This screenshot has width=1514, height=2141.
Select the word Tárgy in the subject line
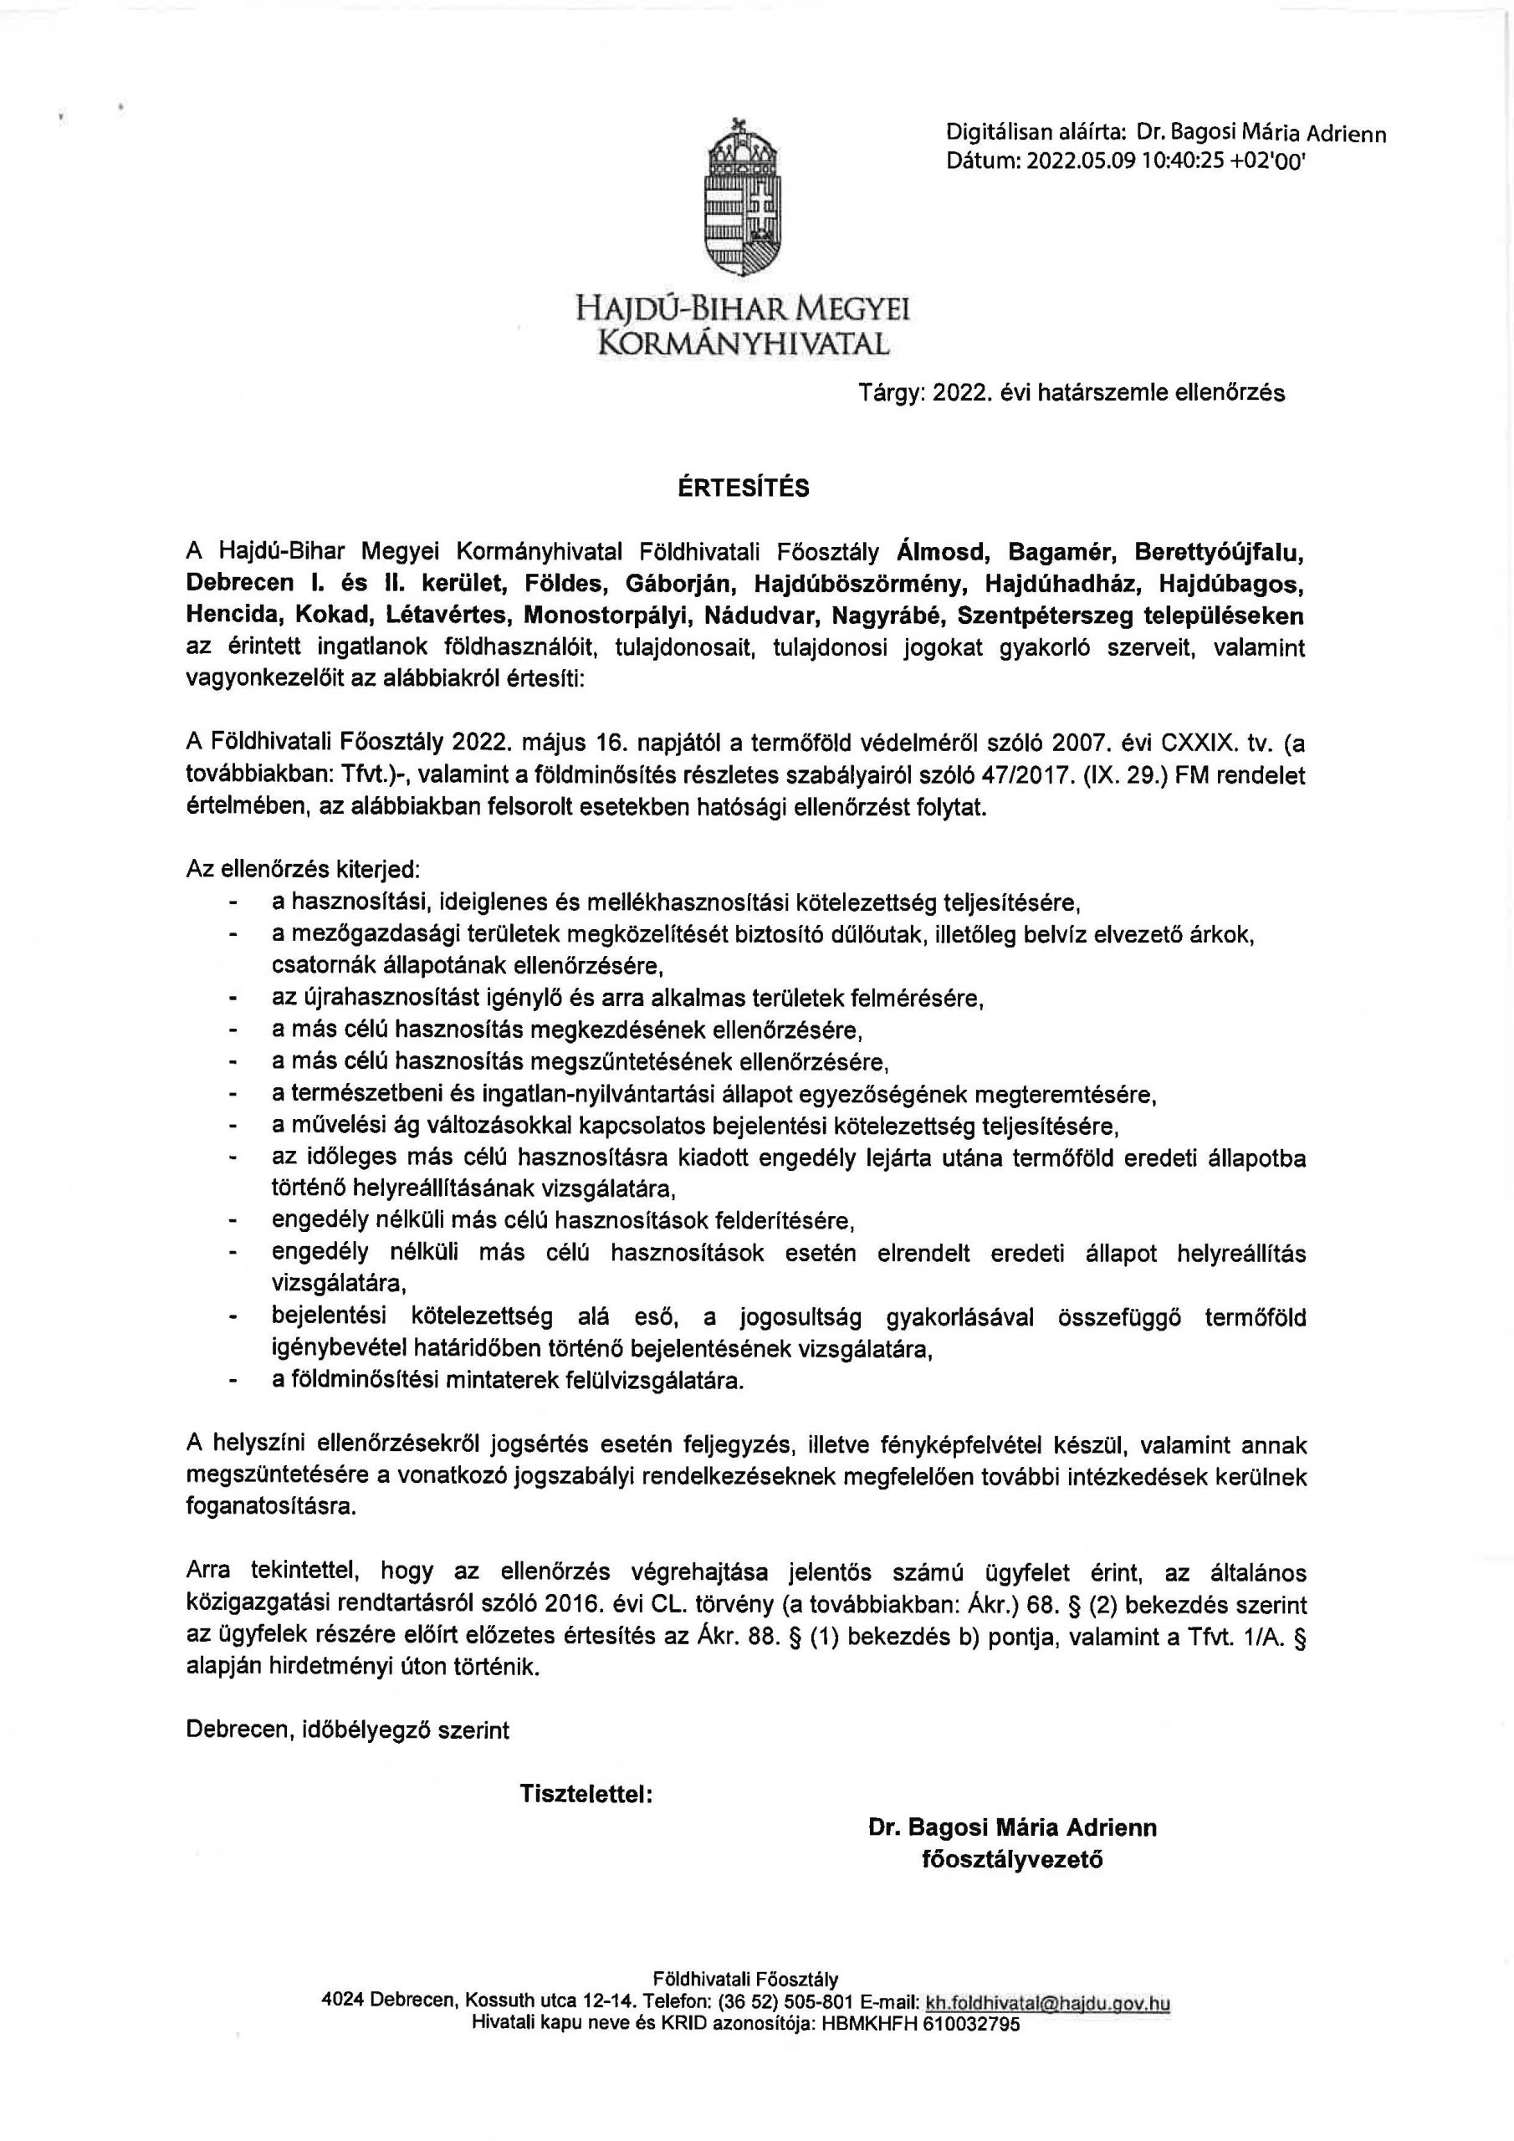[x=891, y=392]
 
